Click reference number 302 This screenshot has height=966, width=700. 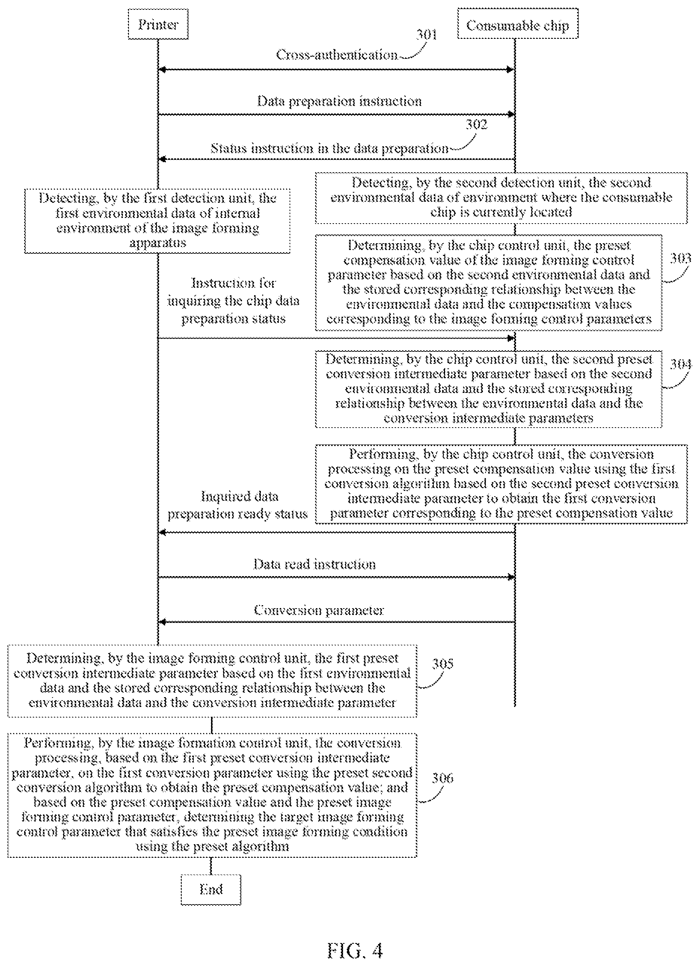(476, 124)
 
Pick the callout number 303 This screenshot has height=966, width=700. (680, 259)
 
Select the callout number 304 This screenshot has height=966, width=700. (681, 364)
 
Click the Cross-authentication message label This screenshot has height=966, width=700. (337, 55)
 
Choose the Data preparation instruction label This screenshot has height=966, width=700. (339, 101)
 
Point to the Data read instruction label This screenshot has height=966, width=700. (315, 564)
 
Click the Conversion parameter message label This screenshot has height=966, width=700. (319, 610)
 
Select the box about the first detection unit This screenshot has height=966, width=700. (158, 221)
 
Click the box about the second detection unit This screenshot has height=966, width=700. (501, 198)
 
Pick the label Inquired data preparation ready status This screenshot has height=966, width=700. (237, 505)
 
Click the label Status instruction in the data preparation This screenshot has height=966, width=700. (329, 149)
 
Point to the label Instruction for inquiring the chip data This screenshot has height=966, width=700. (233, 292)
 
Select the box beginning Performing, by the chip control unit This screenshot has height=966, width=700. (501, 484)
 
